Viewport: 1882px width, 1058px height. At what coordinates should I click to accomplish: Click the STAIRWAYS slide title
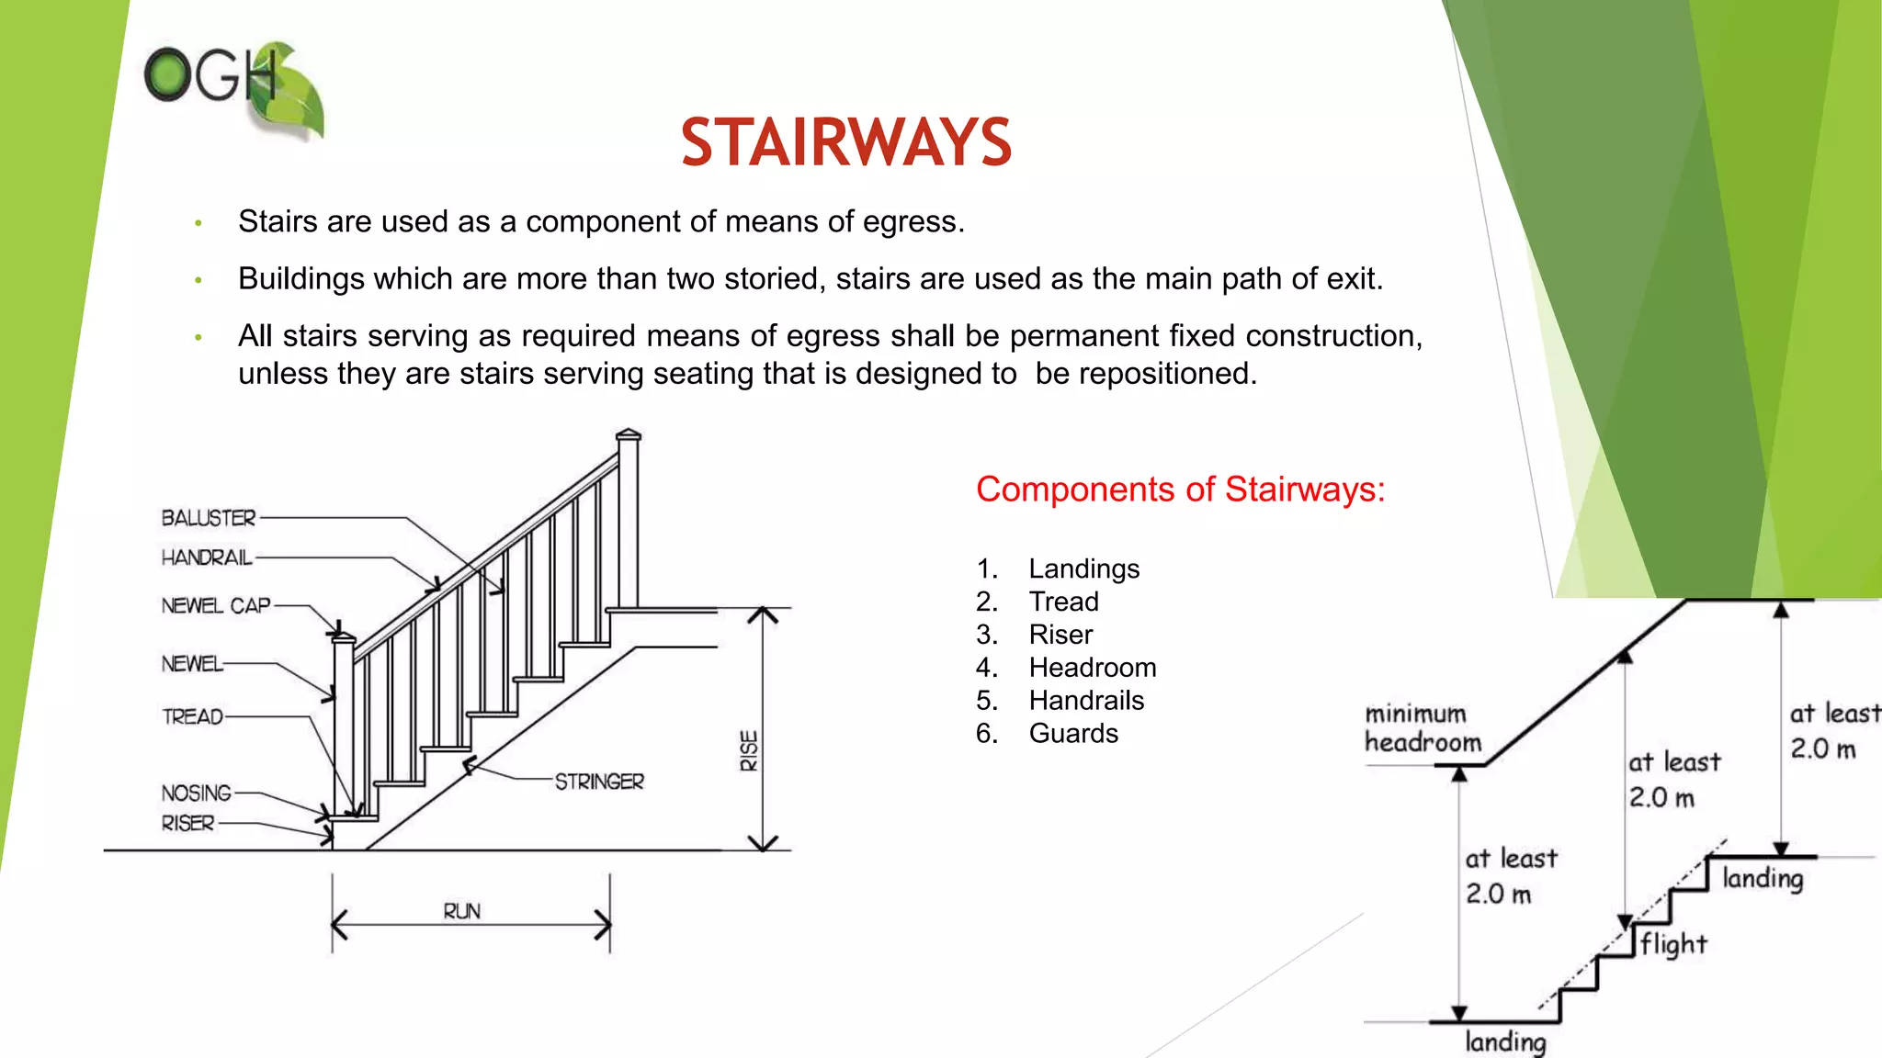[x=845, y=143]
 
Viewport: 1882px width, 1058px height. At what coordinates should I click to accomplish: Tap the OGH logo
[x=234, y=89]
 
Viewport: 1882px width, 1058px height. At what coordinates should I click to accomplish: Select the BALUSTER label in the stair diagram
[x=209, y=518]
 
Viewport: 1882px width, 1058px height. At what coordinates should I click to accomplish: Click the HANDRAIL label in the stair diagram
[x=207, y=557]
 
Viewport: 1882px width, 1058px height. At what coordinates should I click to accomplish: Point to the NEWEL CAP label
[x=216, y=606]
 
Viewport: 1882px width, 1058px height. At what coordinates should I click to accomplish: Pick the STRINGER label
[x=599, y=782]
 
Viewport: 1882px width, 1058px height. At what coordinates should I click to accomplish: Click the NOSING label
[x=197, y=793]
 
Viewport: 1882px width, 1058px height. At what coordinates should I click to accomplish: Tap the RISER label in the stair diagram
[x=188, y=823]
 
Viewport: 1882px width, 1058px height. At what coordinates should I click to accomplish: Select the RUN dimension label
[x=461, y=911]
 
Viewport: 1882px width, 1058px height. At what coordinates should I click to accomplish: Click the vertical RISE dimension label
[x=750, y=750]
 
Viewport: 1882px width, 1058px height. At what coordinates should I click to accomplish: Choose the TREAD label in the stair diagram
[x=193, y=716]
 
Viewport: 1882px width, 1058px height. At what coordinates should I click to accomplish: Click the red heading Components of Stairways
[x=1180, y=490]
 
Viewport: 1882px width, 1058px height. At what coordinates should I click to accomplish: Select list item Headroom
[x=1093, y=668]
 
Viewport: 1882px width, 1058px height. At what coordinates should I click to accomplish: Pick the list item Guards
[x=1073, y=734]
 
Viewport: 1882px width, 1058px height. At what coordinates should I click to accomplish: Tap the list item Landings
[x=1084, y=569]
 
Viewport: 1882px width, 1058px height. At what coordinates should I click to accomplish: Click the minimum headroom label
[x=1423, y=727]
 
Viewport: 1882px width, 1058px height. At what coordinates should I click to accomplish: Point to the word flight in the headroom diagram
[x=1674, y=944]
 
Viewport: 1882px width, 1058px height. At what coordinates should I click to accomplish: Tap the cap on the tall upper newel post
[x=629, y=433]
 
